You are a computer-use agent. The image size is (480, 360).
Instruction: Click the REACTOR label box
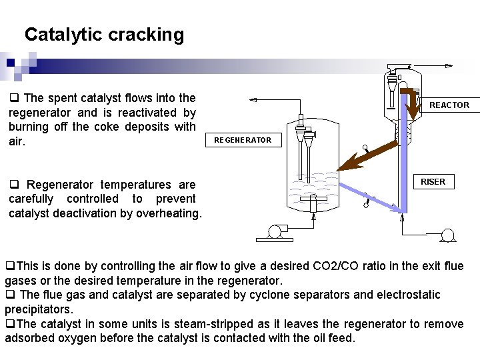point(449,105)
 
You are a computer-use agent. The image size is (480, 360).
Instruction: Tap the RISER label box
point(433,181)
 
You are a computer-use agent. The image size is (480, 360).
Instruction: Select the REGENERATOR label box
point(243,140)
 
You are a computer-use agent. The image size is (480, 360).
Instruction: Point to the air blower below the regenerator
point(273,232)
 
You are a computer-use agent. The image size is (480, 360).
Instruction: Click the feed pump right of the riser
point(447,235)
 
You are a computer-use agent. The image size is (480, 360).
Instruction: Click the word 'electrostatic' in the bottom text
point(407,294)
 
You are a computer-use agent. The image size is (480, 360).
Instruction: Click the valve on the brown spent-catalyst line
point(365,149)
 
